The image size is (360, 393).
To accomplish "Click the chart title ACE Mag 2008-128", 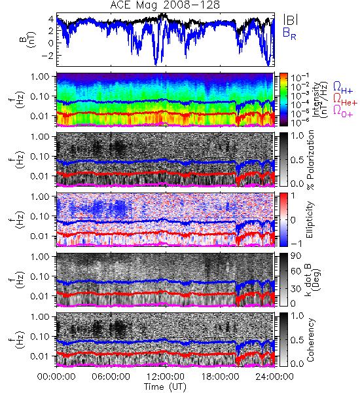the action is coord(165,5).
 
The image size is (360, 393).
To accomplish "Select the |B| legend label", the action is coord(291,20).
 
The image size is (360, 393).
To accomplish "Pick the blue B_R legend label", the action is coord(289,34).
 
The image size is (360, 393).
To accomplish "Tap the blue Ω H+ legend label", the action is coord(343,88).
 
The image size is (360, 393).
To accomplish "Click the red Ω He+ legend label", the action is coord(345,100).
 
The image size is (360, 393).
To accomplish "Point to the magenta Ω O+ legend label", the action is coord(343,111).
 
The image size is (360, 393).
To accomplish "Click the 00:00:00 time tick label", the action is coord(56,377).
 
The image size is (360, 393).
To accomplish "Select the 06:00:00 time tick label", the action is coord(111,377).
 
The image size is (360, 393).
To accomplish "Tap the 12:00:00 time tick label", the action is coord(166,377).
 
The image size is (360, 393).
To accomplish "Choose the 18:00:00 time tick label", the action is coord(220,377).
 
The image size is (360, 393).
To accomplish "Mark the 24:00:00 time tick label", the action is coord(274,377).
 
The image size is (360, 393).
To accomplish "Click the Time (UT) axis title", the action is coord(165,386).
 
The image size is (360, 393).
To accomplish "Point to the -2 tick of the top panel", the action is coord(48,56).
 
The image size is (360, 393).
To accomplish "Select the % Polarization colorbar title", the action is coord(311,160).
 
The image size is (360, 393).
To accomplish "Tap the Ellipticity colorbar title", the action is coord(310,219).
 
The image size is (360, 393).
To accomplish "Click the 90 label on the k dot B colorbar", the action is coord(296,255).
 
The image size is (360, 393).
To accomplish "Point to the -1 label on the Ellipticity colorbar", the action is coord(296,244).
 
